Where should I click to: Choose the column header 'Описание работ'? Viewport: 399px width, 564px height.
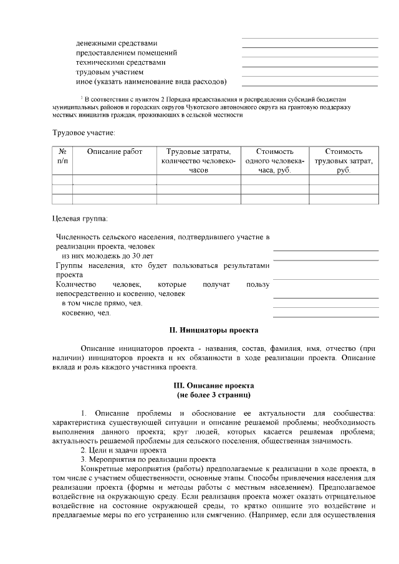point(115,151)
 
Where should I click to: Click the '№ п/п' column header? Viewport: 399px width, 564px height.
point(62,156)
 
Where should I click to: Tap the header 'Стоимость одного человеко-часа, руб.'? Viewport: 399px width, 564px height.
point(274,161)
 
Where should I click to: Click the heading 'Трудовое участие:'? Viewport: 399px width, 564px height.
point(84,132)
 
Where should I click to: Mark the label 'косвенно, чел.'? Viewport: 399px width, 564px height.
point(86,313)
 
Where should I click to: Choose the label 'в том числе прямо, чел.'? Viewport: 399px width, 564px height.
point(102,304)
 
